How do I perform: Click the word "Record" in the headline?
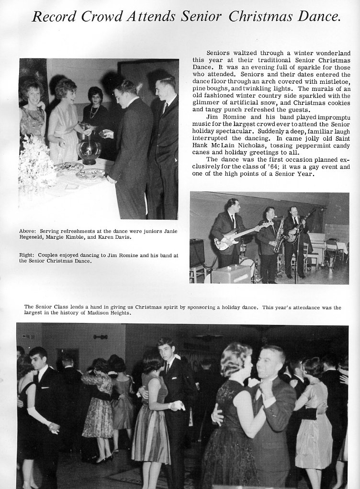click(54, 17)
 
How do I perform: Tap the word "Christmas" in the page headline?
click(260, 17)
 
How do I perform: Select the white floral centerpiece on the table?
click(36, 165)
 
